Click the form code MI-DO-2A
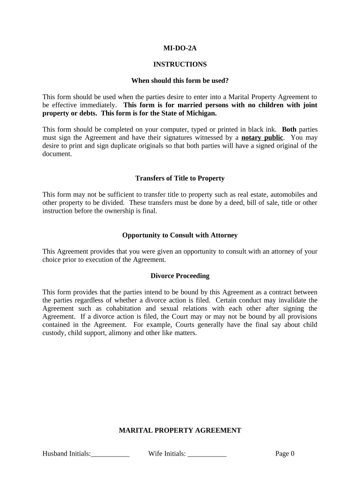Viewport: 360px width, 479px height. pos(180,48)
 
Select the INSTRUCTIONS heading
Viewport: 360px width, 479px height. pos(180,64)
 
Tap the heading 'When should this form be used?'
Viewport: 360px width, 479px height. pos(180,80)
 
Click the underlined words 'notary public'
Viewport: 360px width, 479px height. pos(262,138)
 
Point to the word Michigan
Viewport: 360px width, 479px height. pos(202,113)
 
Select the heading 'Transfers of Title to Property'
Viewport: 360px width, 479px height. pos(180,178)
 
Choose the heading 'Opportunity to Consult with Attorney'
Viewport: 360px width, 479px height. pos(180,235)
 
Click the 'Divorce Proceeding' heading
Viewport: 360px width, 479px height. pos(180,276)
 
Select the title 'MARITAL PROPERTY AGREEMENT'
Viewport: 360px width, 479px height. pos(180,430)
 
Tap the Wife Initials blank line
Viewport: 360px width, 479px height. pos(207,454)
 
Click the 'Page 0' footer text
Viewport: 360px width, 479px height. pos(285,453)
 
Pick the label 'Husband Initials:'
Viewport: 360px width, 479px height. pos(66,453)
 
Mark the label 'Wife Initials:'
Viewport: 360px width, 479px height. pos(167,453)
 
